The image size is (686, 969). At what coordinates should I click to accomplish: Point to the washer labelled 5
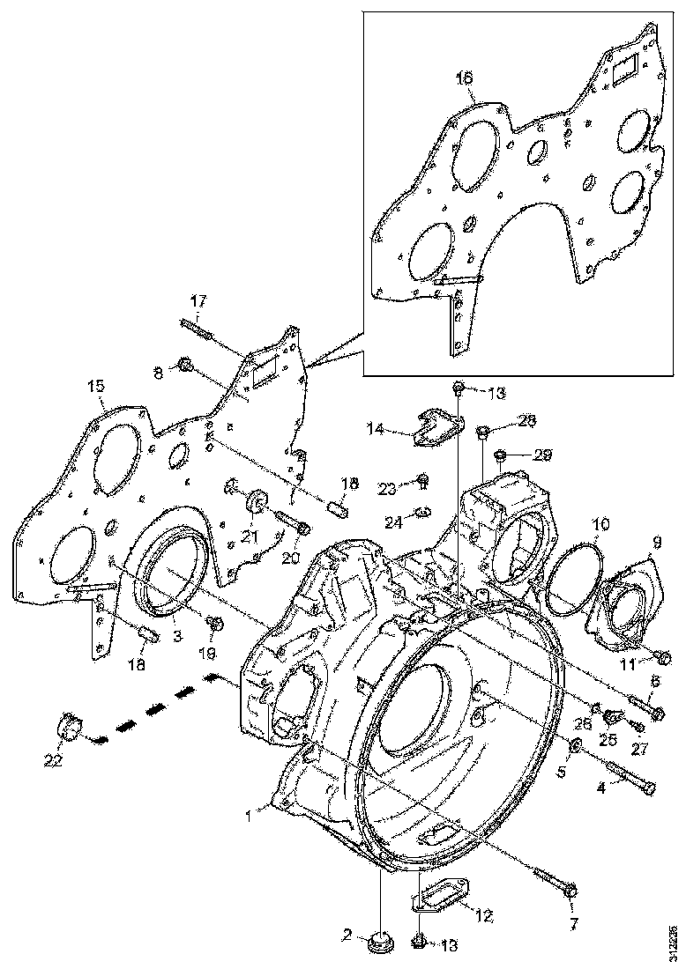574,748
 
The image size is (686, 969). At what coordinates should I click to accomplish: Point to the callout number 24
392,522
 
